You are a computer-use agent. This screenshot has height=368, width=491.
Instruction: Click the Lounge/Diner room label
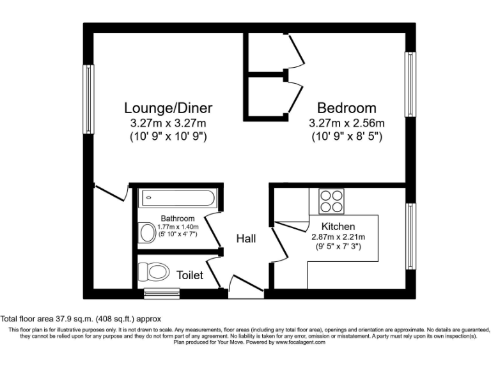pos(168,107)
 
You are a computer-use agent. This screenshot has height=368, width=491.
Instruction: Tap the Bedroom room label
pos(347,107)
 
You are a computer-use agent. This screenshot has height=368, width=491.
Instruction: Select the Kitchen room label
pos(338,226)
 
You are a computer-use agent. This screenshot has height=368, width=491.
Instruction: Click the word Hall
pos(246,238)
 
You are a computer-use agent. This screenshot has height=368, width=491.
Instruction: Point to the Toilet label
pos(190,275)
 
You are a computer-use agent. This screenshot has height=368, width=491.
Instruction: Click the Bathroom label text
pos(178,218)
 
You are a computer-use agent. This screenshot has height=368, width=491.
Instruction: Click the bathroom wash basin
pos(146,231)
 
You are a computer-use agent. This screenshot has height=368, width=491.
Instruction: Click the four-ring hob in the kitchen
pos(331,201)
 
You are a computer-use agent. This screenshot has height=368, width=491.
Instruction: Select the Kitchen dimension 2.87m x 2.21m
pos(338,237)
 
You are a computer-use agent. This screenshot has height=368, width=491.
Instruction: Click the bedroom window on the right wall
pos(409,84)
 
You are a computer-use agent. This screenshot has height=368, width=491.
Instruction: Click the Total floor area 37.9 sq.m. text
pos(80,318)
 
